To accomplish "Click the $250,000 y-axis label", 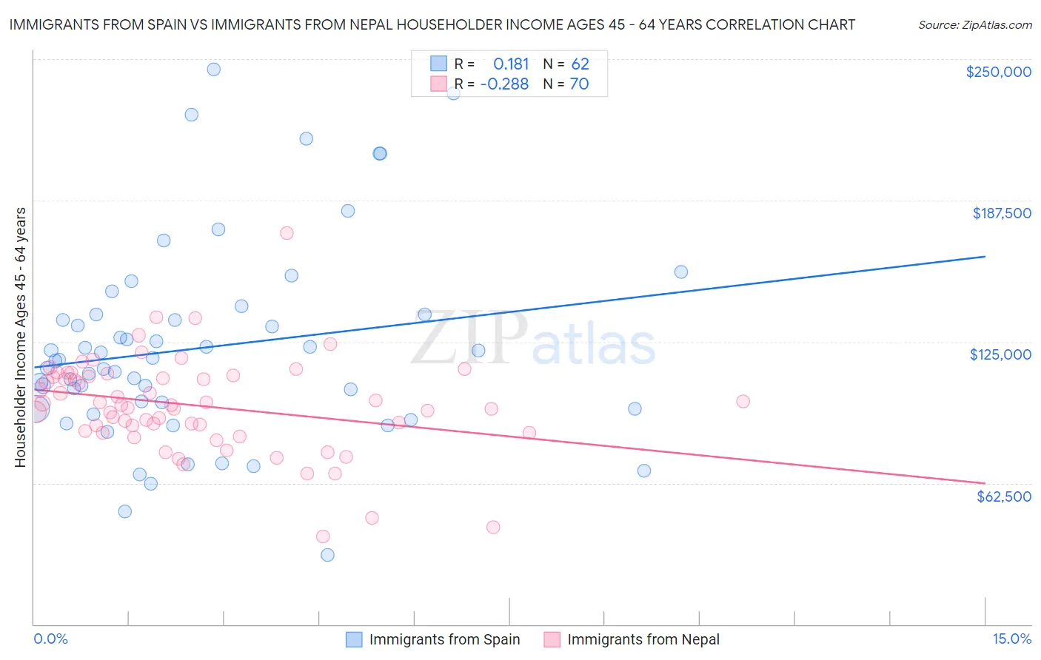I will tap(998, 72).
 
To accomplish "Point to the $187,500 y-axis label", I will tap(1001, 213).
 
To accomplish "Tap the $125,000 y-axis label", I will tap(1000, 354).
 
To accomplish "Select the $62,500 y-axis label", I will tap(1003, 496).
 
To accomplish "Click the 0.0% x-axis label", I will tap(50, 639).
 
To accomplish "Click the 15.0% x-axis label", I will tap(1011, 639).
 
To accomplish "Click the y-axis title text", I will tap(20, 337).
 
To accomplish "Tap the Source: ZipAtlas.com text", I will tap(974, 24).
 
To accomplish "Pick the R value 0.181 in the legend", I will tap(511, 64).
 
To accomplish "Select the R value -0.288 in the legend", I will tap(504, 84).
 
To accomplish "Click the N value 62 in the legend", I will tap(580, 64).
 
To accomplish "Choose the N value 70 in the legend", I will tap(579, 84).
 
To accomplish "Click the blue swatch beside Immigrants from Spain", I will tap(355, 639).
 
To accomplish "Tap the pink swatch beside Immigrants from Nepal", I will tap(552, 639).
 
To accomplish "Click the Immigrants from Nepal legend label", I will tap(643, 639).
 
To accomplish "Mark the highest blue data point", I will tap(213, 69).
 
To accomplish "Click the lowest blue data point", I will tap(327, 555).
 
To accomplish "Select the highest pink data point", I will tap(287, 233).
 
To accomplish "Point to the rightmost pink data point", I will tap(743, 401).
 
